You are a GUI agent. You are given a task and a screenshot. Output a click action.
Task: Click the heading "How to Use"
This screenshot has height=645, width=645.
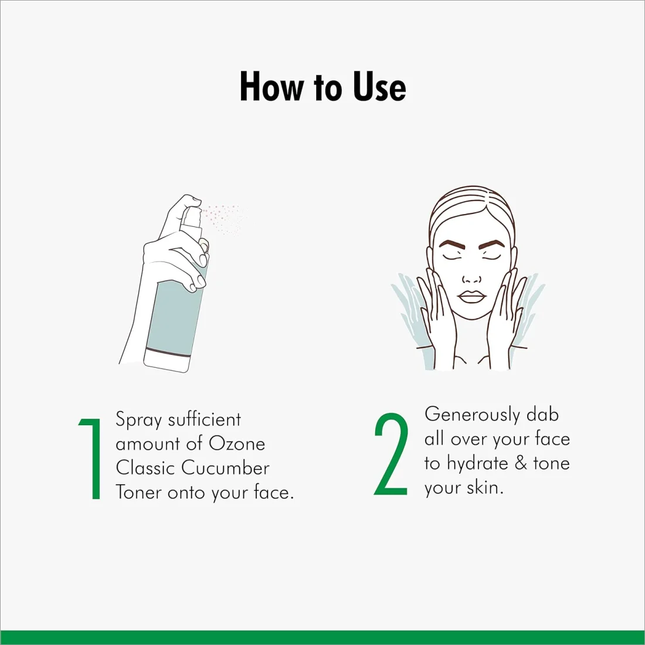(x=323, y=87)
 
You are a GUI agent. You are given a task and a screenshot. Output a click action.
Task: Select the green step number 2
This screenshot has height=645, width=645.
(x=391, y=454)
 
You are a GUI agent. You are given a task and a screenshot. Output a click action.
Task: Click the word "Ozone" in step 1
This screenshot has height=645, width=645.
(x=237, y=443)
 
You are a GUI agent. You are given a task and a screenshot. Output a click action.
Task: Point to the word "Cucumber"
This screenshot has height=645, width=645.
(x=225, y=468)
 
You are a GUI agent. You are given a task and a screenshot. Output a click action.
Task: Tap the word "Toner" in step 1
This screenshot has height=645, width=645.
(x=138, y=492)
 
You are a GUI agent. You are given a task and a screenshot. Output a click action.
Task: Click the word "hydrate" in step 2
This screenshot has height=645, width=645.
(x=477, y=464)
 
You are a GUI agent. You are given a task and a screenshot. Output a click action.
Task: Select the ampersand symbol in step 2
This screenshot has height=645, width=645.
(x=521, y=463)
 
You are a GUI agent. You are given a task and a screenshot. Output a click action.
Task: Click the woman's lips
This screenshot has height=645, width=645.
(x=472, y=297)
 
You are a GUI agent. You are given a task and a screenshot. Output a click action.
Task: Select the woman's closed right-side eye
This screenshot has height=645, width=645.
(x=491, y=257)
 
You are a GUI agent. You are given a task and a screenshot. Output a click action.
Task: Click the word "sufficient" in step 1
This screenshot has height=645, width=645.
(x=205, y=419)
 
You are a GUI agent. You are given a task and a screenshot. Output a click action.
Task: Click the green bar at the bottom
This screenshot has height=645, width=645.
(x=322, y=637)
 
